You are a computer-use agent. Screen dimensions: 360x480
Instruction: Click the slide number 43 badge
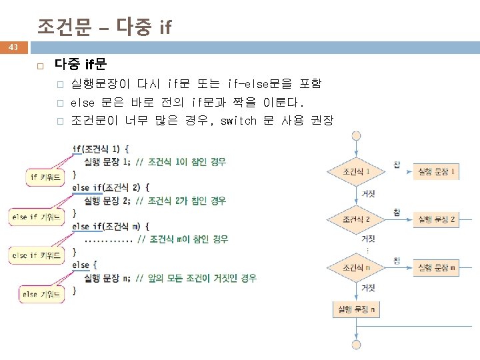[x=13, y=47]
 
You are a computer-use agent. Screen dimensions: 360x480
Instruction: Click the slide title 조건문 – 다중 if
[x=105, y=27]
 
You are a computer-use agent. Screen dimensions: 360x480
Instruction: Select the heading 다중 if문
[x=80, y=65]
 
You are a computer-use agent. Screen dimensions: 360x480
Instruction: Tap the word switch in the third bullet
[x=238, y=121]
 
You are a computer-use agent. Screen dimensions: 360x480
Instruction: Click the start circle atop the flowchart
[x=357, y=137]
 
